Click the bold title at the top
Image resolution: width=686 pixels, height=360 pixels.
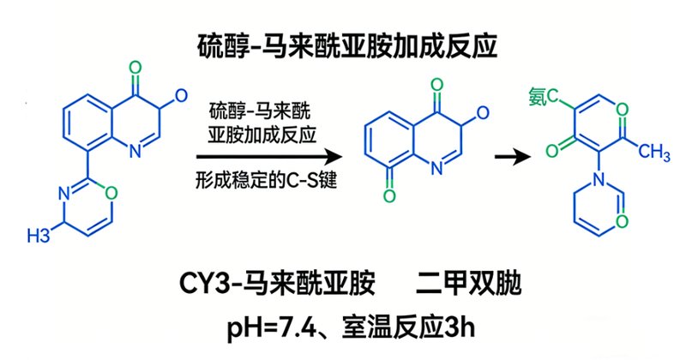[x=348, y=46]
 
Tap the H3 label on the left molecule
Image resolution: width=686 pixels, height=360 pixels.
[x=39, y=236]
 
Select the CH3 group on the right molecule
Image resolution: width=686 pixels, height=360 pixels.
[x=653, y=152]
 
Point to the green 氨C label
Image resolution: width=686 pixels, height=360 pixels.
[x=544, y=97]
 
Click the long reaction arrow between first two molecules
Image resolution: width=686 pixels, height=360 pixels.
[x=269, y=157]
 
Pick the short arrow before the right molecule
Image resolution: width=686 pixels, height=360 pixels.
[x=513, y=157]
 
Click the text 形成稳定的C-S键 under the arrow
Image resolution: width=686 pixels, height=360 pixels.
[x=266, y=180]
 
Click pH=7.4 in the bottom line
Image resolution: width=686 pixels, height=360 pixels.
[x=271, y=327]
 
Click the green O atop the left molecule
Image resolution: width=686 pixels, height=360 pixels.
[x=135, y=69]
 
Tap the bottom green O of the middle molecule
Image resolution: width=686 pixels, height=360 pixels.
[x=389, y=195]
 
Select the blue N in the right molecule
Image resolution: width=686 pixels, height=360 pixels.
[x=599, y=179]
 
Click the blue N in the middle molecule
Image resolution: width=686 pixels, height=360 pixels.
[x=436, y=168]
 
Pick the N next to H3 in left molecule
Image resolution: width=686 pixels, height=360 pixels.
[x=63, y=194]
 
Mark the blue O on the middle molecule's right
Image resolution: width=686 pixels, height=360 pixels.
[x=482, y=113]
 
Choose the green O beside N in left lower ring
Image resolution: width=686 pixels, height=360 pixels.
[x=111, y=193]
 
